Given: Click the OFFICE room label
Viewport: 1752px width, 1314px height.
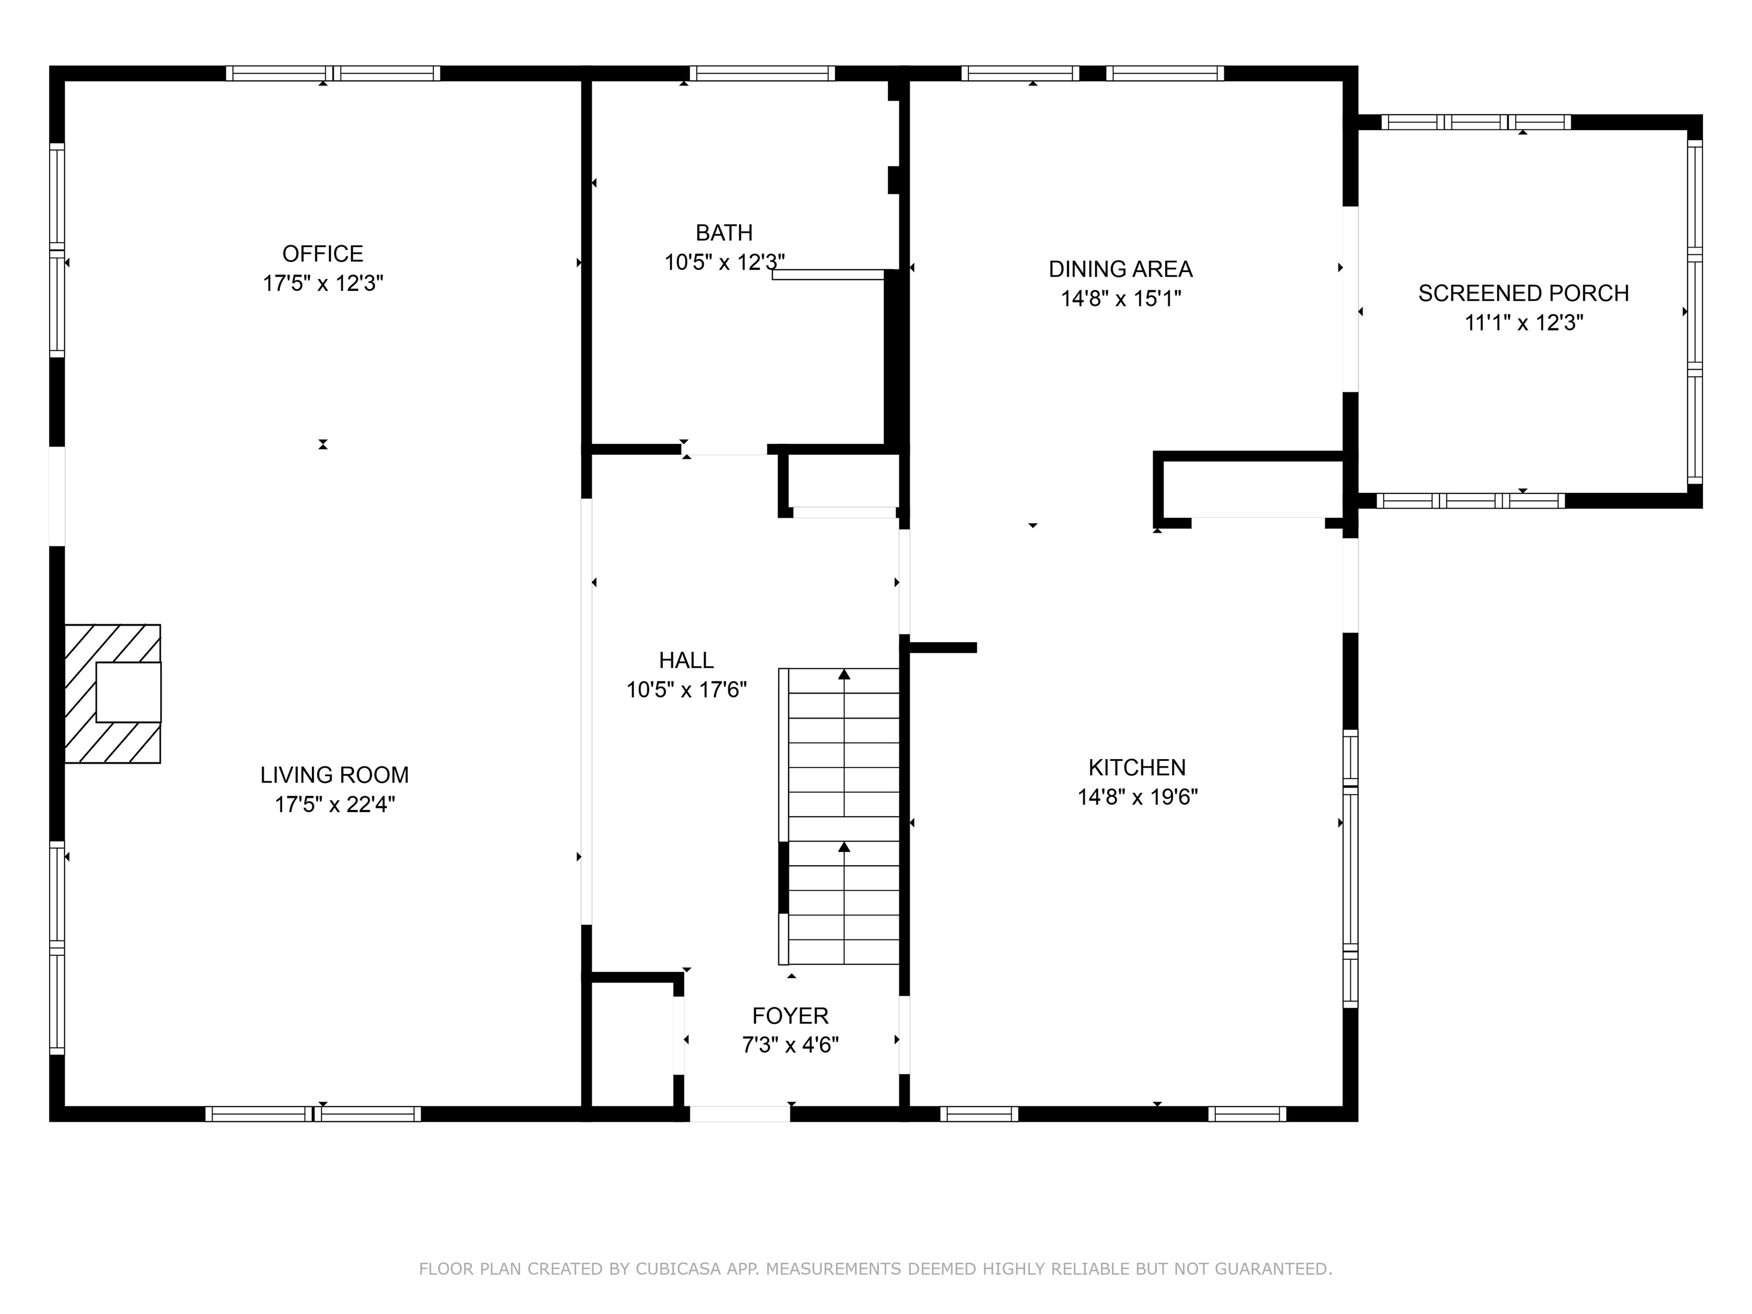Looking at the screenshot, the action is pyautogui.click(x=323, y=253).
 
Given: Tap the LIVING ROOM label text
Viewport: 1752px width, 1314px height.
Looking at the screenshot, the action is pyautogui.click(x=334, y=774).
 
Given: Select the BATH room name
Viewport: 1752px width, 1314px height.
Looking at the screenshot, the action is pyautogui.click(x=724, y=233).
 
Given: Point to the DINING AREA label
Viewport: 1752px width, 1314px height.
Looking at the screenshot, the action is pyautogui.click(x=1121, y=269).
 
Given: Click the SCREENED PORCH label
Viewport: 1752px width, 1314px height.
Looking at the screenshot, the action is pyautogui.click(x=1524, y=293).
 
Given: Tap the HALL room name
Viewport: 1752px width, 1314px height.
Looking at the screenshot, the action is pyautogui.click(x=686, y=660).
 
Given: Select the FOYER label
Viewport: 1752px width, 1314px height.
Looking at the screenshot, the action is pyautogui.click(x=790, y=1015).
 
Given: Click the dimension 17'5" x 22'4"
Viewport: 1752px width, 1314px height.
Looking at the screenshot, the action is pyautogui.click(x=334, y=805).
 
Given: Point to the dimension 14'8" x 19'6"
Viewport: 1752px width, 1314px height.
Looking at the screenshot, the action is pyautogui.click(x=1137, y=797).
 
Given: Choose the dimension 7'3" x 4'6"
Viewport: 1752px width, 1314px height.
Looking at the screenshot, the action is pyautogui.click(x=790, y=1045).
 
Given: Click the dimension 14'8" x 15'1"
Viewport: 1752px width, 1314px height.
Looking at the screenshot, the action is pyautogui.click(x=1121, y=299).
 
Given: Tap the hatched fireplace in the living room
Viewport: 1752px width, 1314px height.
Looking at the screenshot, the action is pyautogui.click(x=112, y=694).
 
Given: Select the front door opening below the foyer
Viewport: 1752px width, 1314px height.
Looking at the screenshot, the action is pyautogui.click(x=740, y=1114).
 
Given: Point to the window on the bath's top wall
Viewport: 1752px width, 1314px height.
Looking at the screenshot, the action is pyautogui.click(x=762, y=74).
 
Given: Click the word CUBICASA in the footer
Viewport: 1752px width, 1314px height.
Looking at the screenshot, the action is pyautogui.click(x=678, y=1269).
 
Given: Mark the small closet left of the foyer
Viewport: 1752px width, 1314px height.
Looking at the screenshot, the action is pyautogui.click(x=633, y=1044).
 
